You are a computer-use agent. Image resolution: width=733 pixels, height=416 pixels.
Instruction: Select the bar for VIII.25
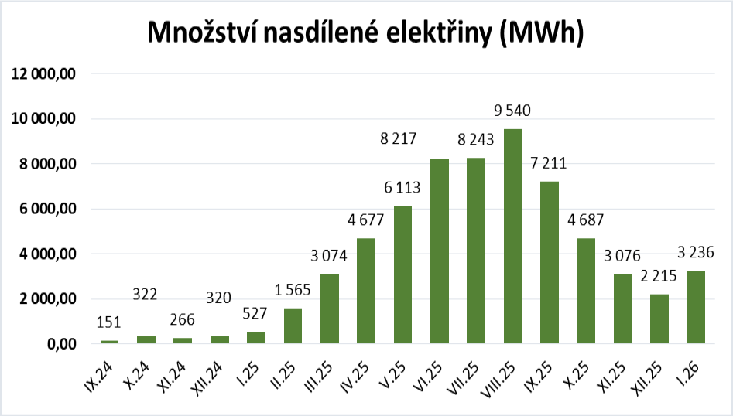(x=512, y=237)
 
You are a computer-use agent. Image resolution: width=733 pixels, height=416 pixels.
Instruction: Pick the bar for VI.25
(x=439, y=251)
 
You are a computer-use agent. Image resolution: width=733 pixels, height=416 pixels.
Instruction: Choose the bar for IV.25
(x=365, y=291)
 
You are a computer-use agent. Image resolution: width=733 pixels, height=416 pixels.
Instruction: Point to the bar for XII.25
(x=659, y=319)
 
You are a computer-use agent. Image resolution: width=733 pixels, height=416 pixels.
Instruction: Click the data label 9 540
(x=512, y=111)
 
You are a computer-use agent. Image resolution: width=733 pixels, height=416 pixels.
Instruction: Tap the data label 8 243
(x=475, y=140)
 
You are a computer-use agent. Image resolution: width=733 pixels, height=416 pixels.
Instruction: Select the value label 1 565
(x=292, y=291)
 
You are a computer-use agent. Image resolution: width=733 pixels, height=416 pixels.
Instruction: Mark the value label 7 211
(x=550, y=163)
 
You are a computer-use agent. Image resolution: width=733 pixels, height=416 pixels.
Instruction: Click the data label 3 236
(x=696, y=252)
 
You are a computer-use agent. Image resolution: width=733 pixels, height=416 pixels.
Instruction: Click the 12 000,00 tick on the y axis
(x=43, y=74)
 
